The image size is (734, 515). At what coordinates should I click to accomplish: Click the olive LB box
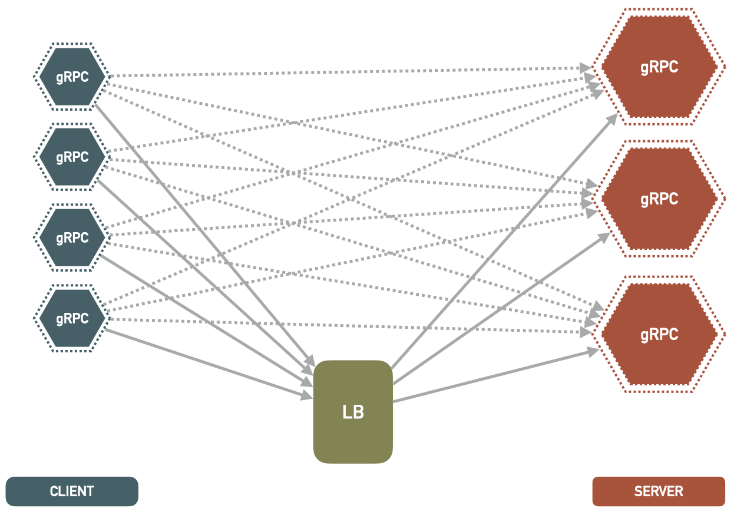(353, 412)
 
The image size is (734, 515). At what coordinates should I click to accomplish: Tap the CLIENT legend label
(72, 491)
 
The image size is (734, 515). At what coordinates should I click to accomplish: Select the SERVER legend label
(659, 491)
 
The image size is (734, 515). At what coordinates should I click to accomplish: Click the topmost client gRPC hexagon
(72, 77)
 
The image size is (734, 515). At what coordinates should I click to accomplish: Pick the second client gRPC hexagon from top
(72, 157)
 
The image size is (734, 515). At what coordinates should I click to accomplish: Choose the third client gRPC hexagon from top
(72, 238)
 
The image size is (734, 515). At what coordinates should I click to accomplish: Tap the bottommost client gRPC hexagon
(72, 319)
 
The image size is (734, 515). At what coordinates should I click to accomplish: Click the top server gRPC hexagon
(659, 67)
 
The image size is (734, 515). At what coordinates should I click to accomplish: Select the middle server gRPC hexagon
(659, 199)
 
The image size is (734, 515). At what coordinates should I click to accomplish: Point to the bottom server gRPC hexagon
(659, 335)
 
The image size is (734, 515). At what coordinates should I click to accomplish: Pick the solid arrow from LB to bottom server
(495, 376)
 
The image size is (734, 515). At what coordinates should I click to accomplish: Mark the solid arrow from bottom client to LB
(206, 362)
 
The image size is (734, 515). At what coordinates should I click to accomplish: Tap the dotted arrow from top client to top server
(353, 71)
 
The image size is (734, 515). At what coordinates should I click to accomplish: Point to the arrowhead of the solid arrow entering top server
(613, 117)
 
